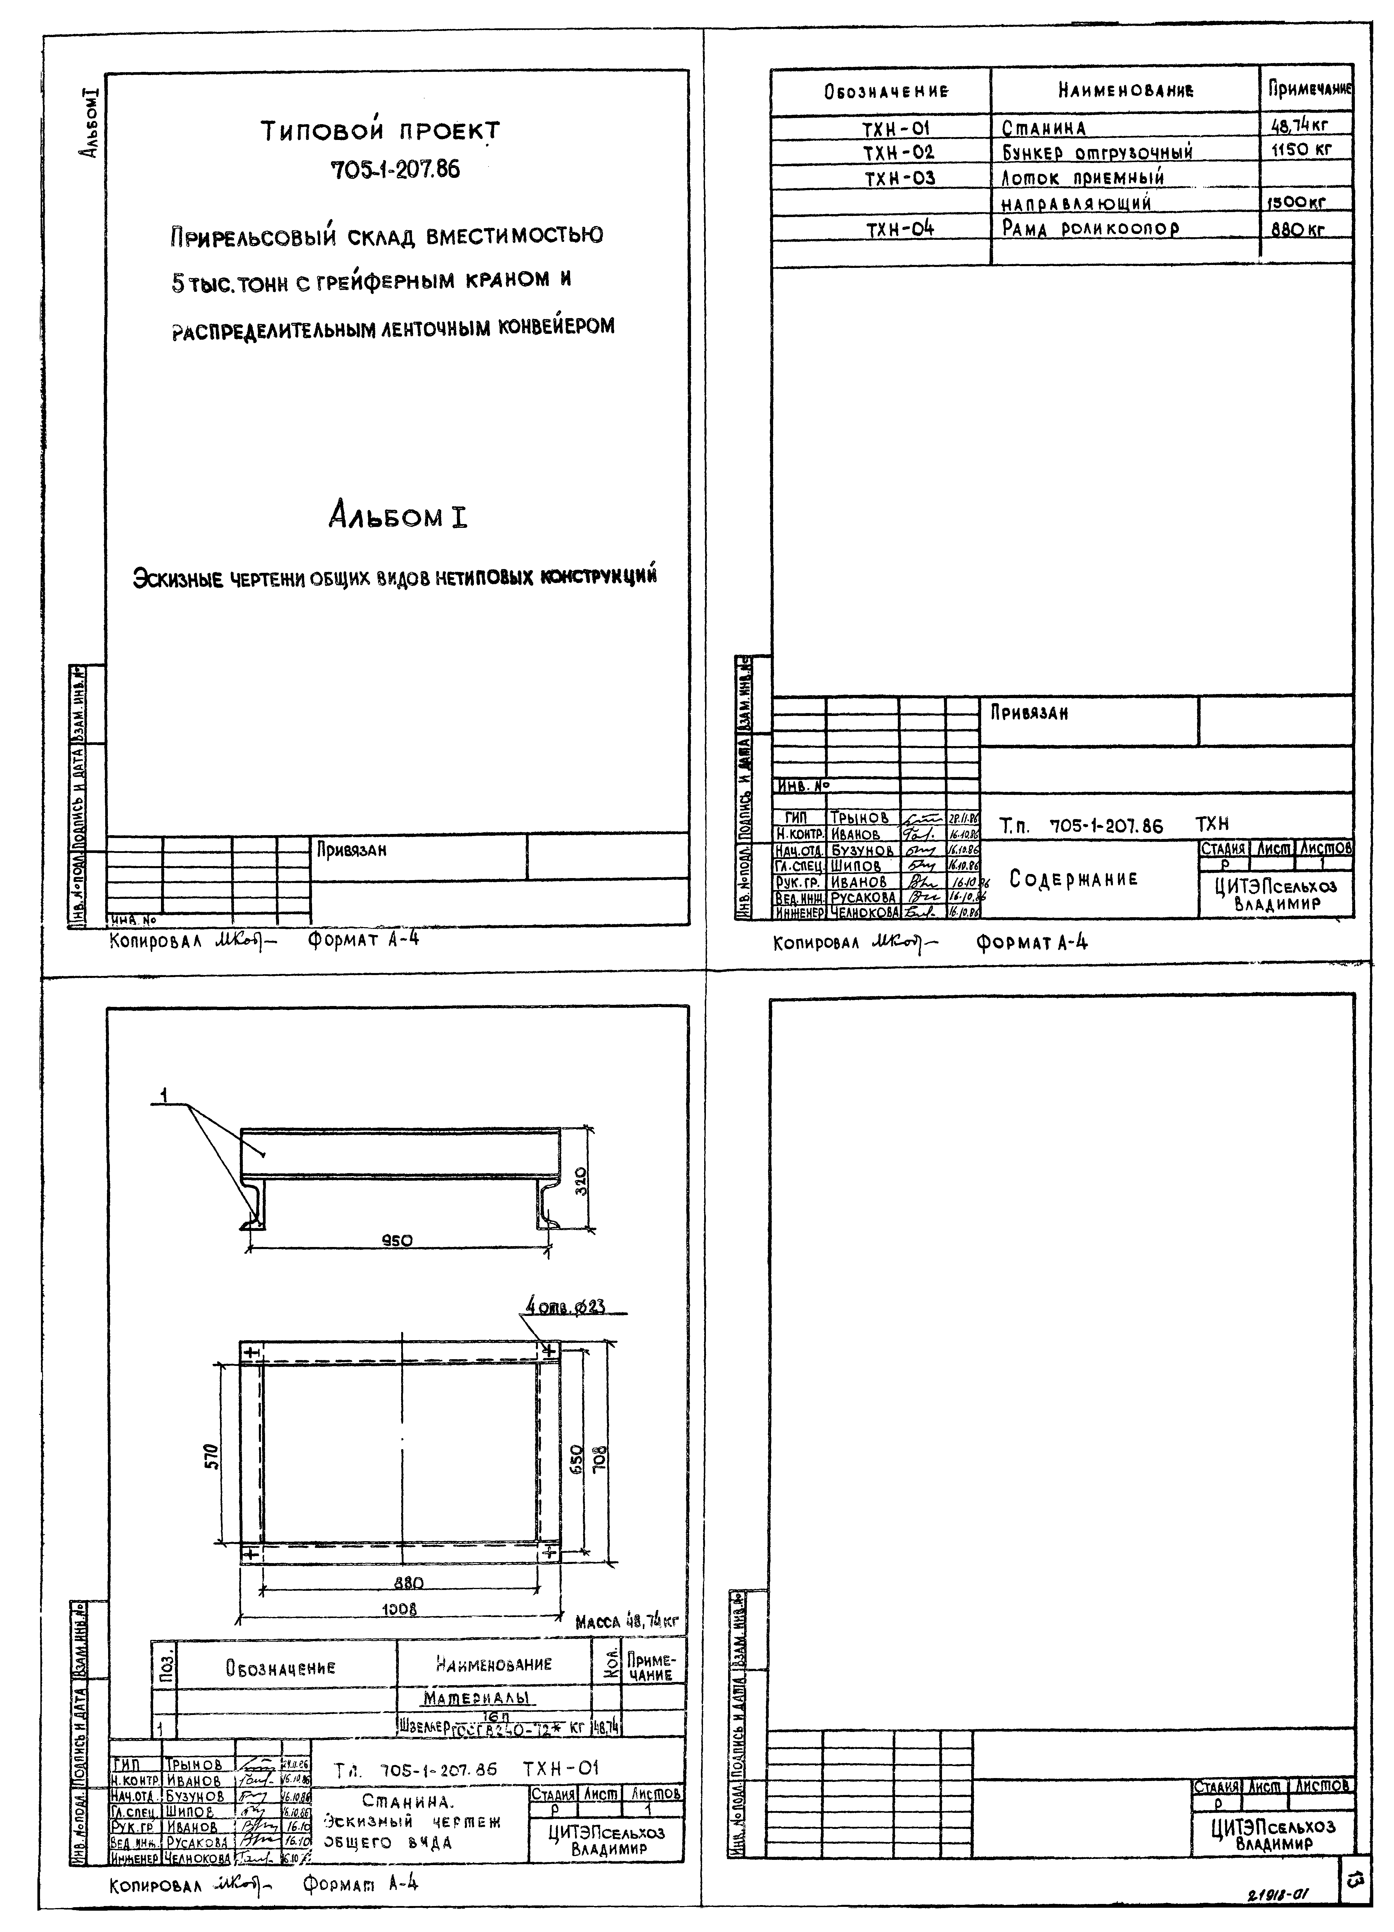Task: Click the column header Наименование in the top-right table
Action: [x=1125, y=90]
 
